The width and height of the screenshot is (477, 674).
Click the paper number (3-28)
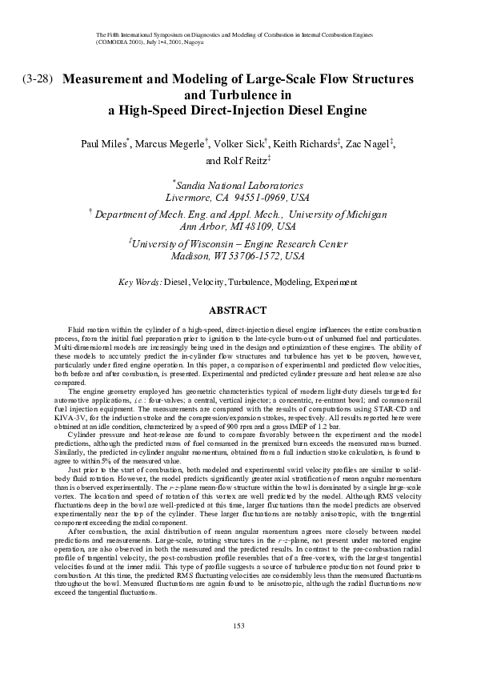tap(38, 81)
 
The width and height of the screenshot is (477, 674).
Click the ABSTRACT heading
tap(238, 310)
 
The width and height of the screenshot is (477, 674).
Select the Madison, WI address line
tap(238, 257)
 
